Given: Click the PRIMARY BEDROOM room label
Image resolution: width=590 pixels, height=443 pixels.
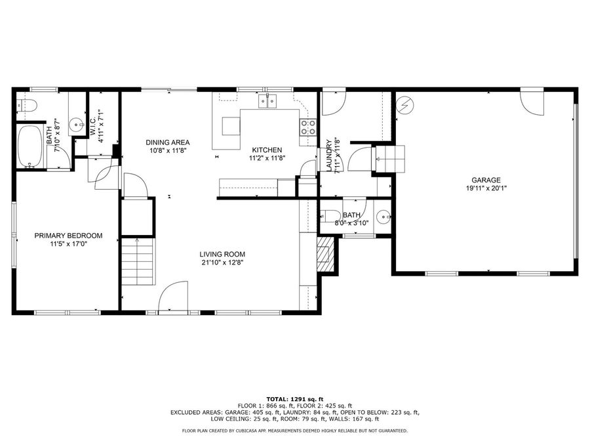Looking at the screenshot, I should [x=68, y=236].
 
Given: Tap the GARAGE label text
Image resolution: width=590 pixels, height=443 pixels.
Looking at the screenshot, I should [x=486, y=180].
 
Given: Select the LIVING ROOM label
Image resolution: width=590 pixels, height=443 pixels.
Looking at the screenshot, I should [x=222, y=254].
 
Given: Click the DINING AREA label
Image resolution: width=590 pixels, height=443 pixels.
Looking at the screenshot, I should [x=167, y=142].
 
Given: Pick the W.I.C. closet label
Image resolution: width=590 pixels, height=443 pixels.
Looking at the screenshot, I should [x=93, y=125].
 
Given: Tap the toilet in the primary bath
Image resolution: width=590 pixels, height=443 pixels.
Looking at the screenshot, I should [x=26, y=105].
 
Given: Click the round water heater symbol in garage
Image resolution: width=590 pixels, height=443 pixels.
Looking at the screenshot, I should [x=404, y=105].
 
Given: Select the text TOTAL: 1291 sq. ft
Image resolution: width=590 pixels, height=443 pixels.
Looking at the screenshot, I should [x=294, y=399].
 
